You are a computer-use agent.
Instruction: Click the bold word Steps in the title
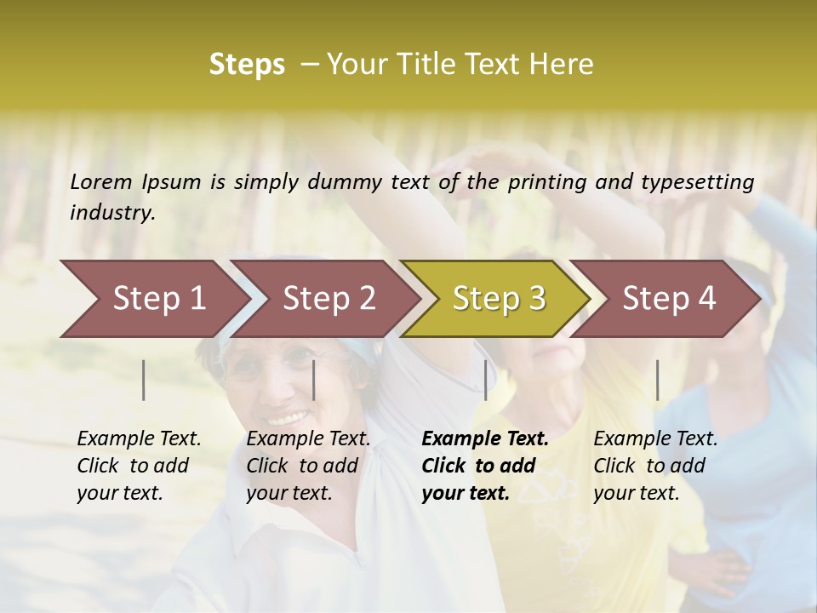pos(247,65)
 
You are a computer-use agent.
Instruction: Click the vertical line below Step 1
pos(144,380)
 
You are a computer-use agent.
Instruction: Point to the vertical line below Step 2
pos(314,380)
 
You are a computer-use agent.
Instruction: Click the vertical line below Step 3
pos(485,380)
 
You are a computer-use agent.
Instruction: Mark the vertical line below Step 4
pos(657,380)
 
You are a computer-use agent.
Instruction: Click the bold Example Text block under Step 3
pos(485,466)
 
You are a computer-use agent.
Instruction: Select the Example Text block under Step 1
pos(139,466)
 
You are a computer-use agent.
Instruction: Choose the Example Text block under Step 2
pos(308,466)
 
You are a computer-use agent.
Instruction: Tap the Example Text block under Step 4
pos(655,466)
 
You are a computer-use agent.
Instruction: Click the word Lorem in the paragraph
pos(101,181)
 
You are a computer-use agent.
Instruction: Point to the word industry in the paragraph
pos(112,212)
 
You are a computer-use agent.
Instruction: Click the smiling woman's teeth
pos(289,418)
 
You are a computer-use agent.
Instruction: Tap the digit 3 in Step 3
pos(536,299)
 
